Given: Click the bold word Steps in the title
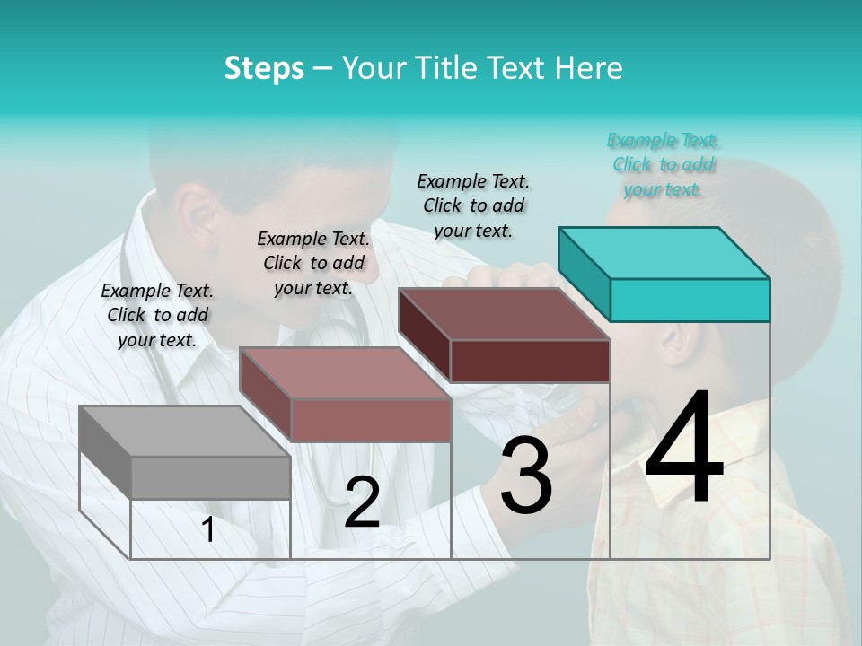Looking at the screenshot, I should pos(264,68).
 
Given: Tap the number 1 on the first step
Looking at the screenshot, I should pos(208,530).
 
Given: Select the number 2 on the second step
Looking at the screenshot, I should pos(362,502).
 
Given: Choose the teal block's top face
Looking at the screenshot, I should pos(664,252).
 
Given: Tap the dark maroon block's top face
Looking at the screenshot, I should pos(504,314).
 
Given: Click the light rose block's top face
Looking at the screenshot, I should pos(345,373).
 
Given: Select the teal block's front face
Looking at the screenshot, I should pos(690,300).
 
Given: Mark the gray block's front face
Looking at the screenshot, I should pos(211,477).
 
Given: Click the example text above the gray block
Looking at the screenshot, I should pos(157,315).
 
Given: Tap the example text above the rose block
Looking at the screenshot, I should pos(313,263).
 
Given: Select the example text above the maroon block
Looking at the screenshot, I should pos(473,205).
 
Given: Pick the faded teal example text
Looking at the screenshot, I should pos(663,164).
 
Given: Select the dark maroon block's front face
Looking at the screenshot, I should pos(530,361).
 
